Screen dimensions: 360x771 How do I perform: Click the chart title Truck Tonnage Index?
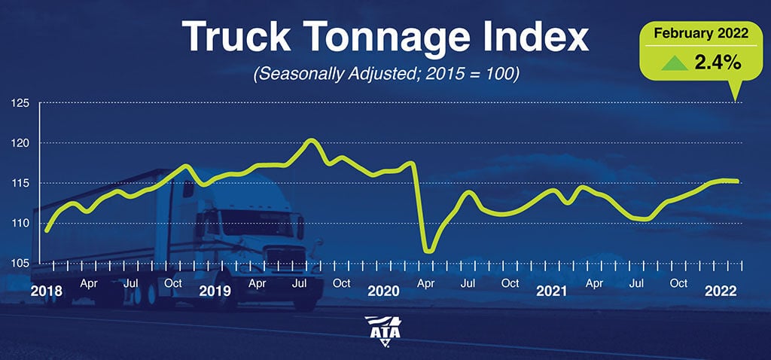[385, 38]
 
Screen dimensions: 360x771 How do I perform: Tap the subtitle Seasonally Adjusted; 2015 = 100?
[385, 75]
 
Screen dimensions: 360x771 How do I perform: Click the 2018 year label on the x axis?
[47, 290]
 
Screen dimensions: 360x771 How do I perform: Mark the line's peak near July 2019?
[312, 140]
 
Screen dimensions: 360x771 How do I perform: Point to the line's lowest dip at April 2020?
[428, 250]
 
